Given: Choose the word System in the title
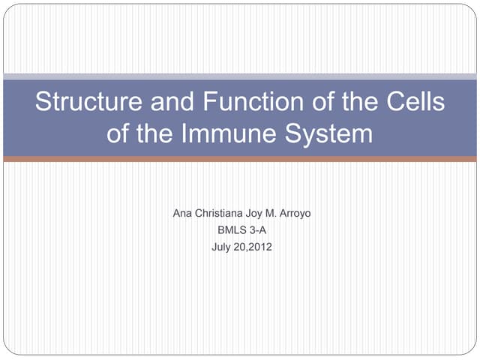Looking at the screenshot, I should pyautogui.click(x=330, y=134).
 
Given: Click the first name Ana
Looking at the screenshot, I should pyautogui.click(x=182, y=214).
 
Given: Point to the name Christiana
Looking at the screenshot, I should pyautogui.click(x=221, y=214).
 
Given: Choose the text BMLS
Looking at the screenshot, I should pyautogui.click(x=230, y=230).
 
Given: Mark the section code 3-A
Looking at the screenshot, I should pyautogui.click(x=257, y=230).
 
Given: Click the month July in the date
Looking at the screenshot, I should pyautogui.click(x=223, y=247).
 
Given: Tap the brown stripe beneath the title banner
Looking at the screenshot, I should pyautogui.click(x=240, y=159).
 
